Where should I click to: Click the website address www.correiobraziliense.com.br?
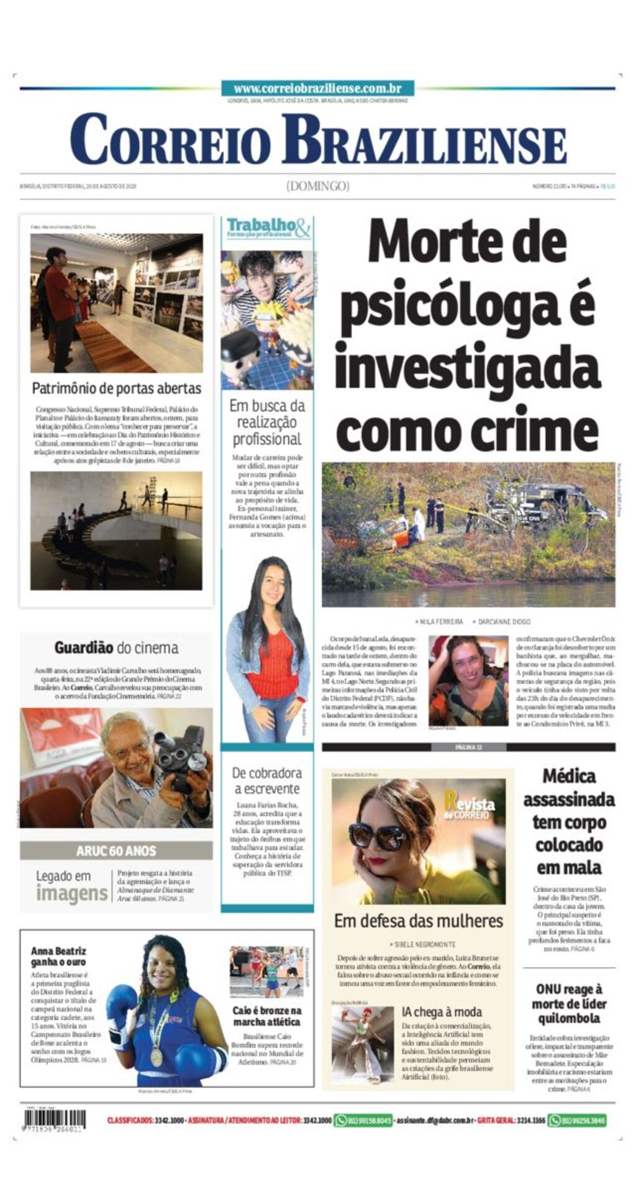coord(317,89)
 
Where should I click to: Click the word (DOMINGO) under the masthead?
coord(317,186)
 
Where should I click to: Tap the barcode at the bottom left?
coord(55,1120)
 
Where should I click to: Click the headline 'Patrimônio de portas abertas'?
coord(117,389)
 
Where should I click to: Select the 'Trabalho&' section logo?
coord(267,227)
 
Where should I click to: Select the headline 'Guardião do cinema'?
coord(116,648)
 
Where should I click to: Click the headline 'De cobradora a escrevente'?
coord(267,781)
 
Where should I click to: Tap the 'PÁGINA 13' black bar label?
coord(468,747)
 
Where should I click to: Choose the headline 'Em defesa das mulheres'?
coord(418,921)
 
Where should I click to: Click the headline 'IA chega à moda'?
coord(442,1012)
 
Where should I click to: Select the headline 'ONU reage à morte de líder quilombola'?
coord(569,1003)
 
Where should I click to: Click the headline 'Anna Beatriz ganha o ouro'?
coord(58,956)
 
